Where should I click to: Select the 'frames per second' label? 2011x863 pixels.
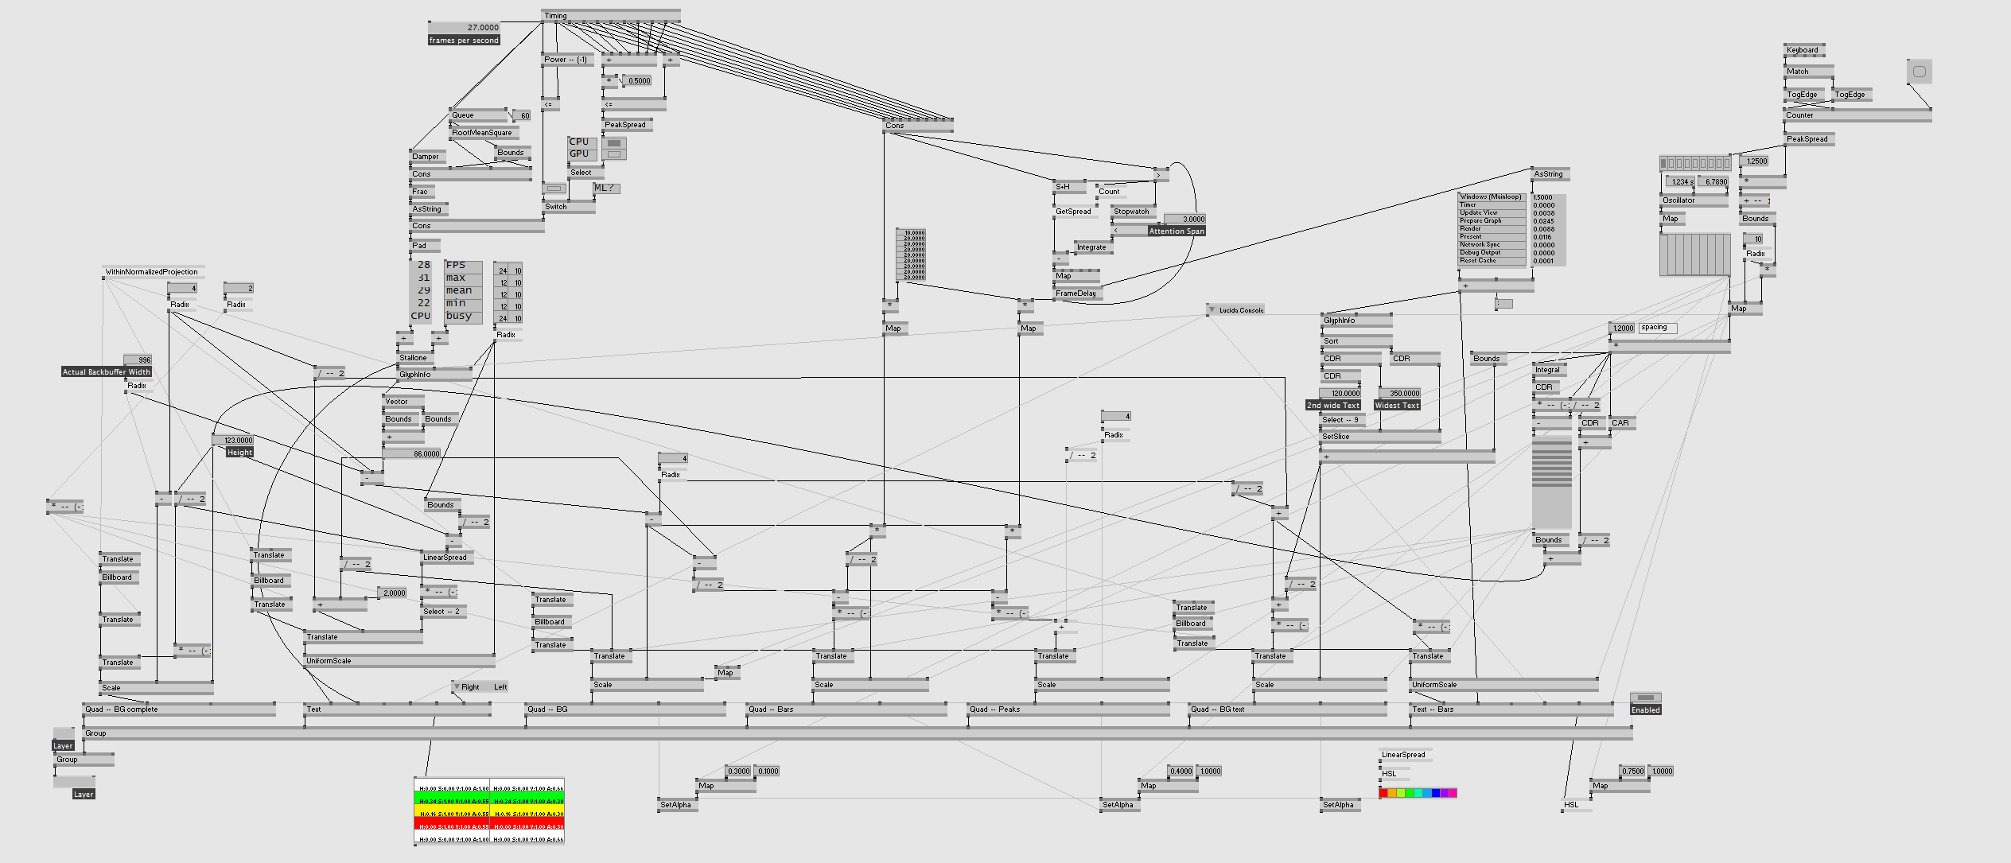464,41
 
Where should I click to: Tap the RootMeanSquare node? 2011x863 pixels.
482,133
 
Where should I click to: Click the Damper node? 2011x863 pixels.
426,157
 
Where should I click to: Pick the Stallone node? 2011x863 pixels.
414,358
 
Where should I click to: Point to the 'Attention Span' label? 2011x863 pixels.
1177,231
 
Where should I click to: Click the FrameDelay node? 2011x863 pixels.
1076,293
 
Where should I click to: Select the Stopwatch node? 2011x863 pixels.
1132,212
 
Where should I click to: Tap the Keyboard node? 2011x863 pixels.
1803,50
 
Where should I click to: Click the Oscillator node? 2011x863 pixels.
1679,200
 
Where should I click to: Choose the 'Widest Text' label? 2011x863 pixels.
1397,406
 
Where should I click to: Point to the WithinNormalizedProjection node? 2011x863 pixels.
152,272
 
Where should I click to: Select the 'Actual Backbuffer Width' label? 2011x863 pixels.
107,372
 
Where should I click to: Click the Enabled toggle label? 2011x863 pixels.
1645,710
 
